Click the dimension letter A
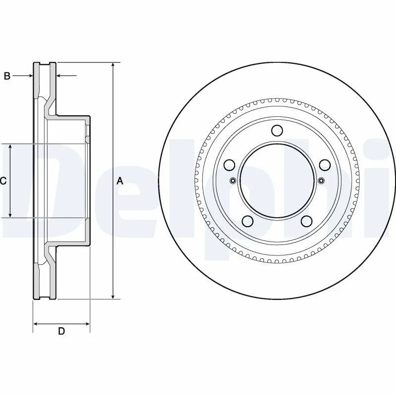point(119,181)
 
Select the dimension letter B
point(7,76)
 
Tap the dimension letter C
point(3,181)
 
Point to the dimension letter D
point(61,331)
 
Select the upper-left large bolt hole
point(229,165)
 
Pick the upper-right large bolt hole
point(324,165)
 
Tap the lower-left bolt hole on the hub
point(247,221)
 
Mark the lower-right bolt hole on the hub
point(306,221)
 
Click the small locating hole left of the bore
point(233,181)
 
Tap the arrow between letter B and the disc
point(29,76)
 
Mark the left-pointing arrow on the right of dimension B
point(59,76)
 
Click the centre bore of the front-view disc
point(277,181)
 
